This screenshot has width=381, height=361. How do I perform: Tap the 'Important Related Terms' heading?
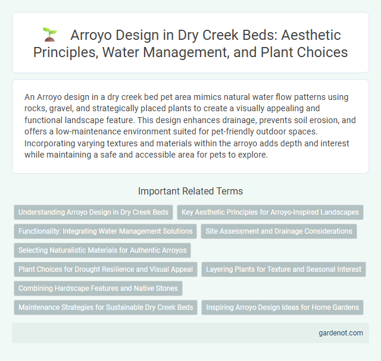tap(190, 191)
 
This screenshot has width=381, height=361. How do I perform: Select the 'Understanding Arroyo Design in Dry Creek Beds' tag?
tap(93, 212)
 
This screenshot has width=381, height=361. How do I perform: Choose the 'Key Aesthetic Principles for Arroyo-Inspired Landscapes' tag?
tap(270, 212)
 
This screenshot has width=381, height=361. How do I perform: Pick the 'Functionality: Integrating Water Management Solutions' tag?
tap(105, 231)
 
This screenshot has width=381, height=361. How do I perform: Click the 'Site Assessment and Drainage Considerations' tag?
tap(278, 231)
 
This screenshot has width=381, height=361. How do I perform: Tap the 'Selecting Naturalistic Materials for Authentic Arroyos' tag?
tap(102, 250)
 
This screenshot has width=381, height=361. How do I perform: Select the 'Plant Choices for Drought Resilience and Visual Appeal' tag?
tap(105, 269)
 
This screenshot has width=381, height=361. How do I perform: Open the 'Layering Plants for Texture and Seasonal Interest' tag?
tap(283, 269)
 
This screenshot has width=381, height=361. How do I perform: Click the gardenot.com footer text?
tap(341, 332)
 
